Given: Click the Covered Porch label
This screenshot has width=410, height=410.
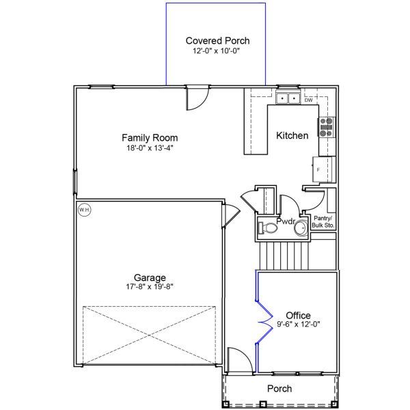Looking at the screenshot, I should click(217, 41).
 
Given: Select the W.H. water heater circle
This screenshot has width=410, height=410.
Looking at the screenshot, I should click(85, 210).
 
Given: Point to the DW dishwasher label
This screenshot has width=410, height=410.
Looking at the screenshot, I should click(308, 100).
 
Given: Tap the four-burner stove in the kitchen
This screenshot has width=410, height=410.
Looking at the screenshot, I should click(327, 127).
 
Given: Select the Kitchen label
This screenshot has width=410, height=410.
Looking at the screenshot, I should click(292, 135).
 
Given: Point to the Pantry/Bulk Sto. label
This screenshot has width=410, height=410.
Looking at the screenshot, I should click(323, 221).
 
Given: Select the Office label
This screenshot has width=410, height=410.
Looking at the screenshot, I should click(298, 315).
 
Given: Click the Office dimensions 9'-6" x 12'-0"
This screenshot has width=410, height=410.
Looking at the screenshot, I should click(298, 325).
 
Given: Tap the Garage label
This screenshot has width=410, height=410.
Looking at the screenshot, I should click(149, 277).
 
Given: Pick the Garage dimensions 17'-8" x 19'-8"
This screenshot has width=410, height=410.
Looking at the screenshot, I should click(149, 287).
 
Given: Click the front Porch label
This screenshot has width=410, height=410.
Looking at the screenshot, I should click(279, 389).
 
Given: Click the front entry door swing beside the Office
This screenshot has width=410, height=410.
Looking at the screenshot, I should click(237, 359).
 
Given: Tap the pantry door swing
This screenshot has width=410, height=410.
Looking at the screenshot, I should click(314, 199).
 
